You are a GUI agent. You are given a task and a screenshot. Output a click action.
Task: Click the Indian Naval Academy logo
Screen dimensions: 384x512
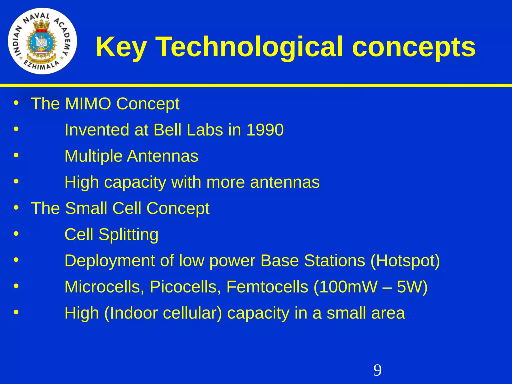pyautogui.click(x=42, y=41)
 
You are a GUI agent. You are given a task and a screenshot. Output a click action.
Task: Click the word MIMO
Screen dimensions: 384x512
pyautogui.click(x=88, y=104)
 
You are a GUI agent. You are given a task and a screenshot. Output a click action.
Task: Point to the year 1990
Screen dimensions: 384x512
pyautogui.click(x=265, y=130)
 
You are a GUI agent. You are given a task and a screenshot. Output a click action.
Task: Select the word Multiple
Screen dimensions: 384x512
pyautogui.click(x=93, y=156)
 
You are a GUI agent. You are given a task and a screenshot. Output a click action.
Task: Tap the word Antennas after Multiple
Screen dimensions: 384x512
pyautogui.click(x=163, y=156)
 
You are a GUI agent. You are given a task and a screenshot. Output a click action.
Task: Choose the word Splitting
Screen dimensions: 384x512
pyautogui.click(x=128, y=235)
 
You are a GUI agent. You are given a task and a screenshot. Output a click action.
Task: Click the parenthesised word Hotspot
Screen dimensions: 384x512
pyautogui.click(x=405, y=261)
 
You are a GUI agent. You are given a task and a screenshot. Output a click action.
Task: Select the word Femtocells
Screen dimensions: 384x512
pyautogui.click(x=267, y=287)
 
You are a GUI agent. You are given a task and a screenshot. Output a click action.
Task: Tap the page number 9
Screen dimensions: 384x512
pyautogui.click(x=377, y=370)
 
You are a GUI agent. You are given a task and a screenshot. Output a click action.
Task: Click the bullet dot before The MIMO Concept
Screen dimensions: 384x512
pyautogui.click(x=16, y=103)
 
